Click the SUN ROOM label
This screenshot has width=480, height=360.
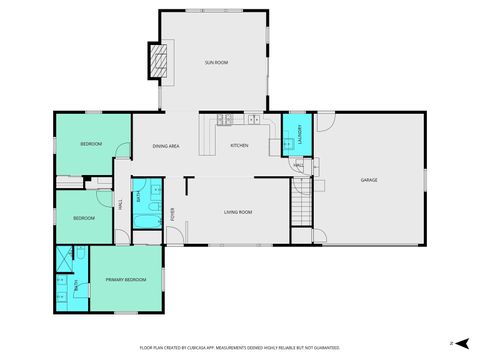pyautogui.click(x=217, y=63)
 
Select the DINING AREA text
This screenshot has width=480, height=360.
pyautogui.click(x=166, y=147)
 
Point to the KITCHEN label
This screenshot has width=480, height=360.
pyautogui.click(x=239, y=147)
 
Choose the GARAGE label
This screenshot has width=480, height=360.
pyautogui.click(x=369, y=180)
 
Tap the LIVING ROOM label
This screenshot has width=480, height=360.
pyautogui.click(x=237, y=212)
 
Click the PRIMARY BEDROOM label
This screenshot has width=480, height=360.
pyautogui.click(x=126, y=279)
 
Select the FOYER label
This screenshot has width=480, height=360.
pyautogui.click(x=172, y=213)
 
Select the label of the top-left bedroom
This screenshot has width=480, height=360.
pyautogui.click(x=91, y=145)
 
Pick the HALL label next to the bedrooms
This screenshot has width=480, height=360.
pyautogui.click(x=121, y=205)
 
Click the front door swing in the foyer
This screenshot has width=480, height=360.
pyautogui.click(x=174, y=236)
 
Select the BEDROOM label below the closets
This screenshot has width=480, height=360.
pyautogui.click(x=84, y=218)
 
